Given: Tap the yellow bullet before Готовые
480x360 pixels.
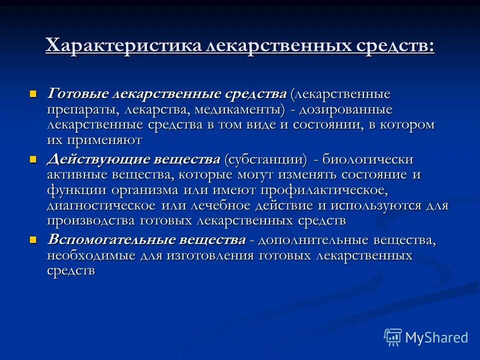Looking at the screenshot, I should (x=33, y=93).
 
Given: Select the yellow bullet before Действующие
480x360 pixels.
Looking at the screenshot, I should (x=33, y=159).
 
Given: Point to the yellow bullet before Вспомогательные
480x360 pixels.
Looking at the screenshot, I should (x=33, y=239).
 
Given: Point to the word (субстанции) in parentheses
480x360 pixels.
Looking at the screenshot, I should (x=265, y=159).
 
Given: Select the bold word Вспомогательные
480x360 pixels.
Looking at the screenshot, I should (x=104, y=239).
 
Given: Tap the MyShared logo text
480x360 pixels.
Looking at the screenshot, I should (x=436, y=337).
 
